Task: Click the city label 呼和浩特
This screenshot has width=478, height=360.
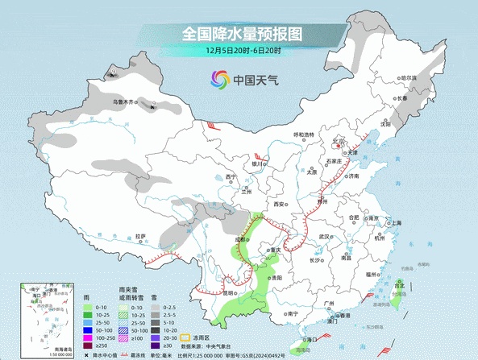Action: [x=304, y=134]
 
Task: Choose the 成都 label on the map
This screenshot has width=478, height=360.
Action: [x=241, y=239]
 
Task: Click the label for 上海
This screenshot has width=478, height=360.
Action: [x=397, y=223]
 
